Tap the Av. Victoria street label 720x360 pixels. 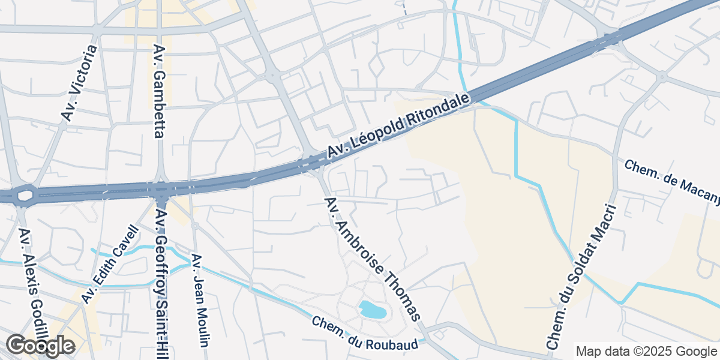[x=79, y=83]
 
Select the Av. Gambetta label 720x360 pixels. [x=159, y=91]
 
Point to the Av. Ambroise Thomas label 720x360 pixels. [x=372, y=259]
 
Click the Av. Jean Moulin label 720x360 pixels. [x=200, y=300]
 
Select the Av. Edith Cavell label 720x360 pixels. [x=110, y=265]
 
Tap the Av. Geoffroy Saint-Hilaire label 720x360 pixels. [x=164, y=282]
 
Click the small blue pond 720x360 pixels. [x=373, y=310]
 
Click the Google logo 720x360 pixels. [x=40, y=346]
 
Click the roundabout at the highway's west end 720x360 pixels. [x=26, y=196]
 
